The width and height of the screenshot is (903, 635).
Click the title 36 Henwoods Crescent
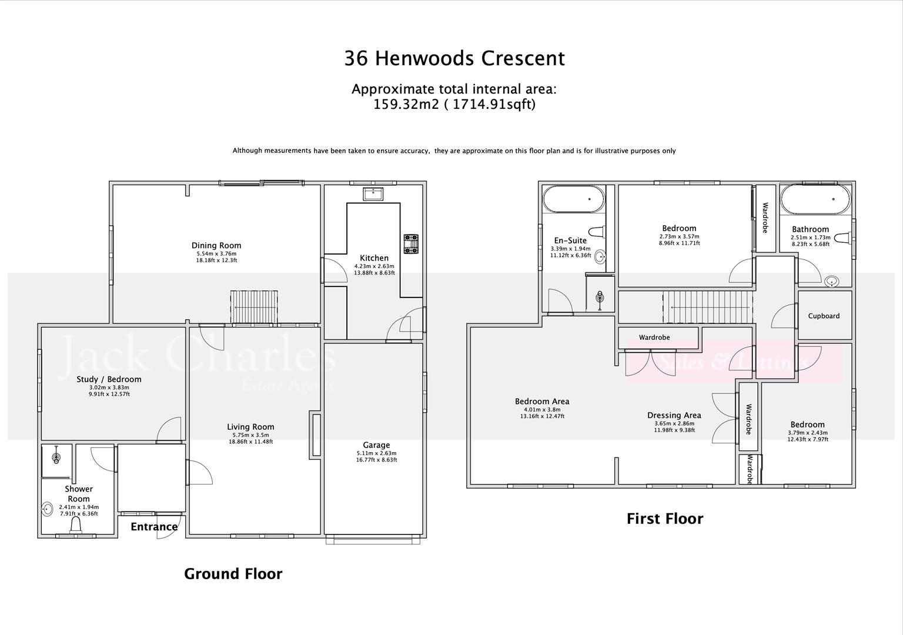[x=454, y=58]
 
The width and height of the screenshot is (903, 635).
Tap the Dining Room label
[x=216, y=246]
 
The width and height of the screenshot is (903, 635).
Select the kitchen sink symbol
[x=373, y=193]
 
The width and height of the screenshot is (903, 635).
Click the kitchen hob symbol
[x=410, y=244]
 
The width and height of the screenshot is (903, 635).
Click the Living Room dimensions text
[x=250, y=439]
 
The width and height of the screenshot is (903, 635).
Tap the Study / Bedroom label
[x=109, y=379]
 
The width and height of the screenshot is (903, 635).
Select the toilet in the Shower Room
[x=76, y=530]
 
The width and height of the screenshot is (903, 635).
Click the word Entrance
[x=154, y=527]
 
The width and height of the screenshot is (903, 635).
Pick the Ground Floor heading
[x=233, y=574]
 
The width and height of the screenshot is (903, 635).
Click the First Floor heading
[x=664, y=519]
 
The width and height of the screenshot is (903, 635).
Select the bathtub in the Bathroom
[x=815, y=200]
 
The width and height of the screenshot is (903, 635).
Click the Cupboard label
[x=824, y=316]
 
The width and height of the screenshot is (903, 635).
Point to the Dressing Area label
[x=674, y=415]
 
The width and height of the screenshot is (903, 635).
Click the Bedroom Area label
[x=542, y=402]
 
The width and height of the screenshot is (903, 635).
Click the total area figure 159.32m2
[x=406, y=105]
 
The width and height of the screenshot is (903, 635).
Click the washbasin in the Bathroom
[x=832, y=282]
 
